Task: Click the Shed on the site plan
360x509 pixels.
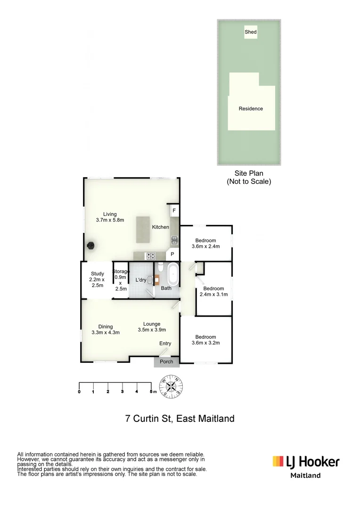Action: (250, 32)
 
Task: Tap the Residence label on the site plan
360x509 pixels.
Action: (250, 109)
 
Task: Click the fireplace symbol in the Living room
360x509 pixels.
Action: (91, 245)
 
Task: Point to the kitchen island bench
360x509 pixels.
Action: (143, 230)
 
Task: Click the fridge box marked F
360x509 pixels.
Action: (174, 211)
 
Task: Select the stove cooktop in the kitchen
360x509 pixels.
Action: (151, 256)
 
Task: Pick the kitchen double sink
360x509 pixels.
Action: (174, 241)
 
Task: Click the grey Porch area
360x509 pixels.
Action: (166, 361)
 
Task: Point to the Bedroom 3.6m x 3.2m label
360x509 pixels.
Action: (206, 340)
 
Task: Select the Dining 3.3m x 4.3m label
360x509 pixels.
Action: (106, 329)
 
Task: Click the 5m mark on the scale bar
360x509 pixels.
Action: (151, 391)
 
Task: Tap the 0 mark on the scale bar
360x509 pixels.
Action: (79, 391)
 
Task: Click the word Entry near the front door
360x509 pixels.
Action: (165, 344)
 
